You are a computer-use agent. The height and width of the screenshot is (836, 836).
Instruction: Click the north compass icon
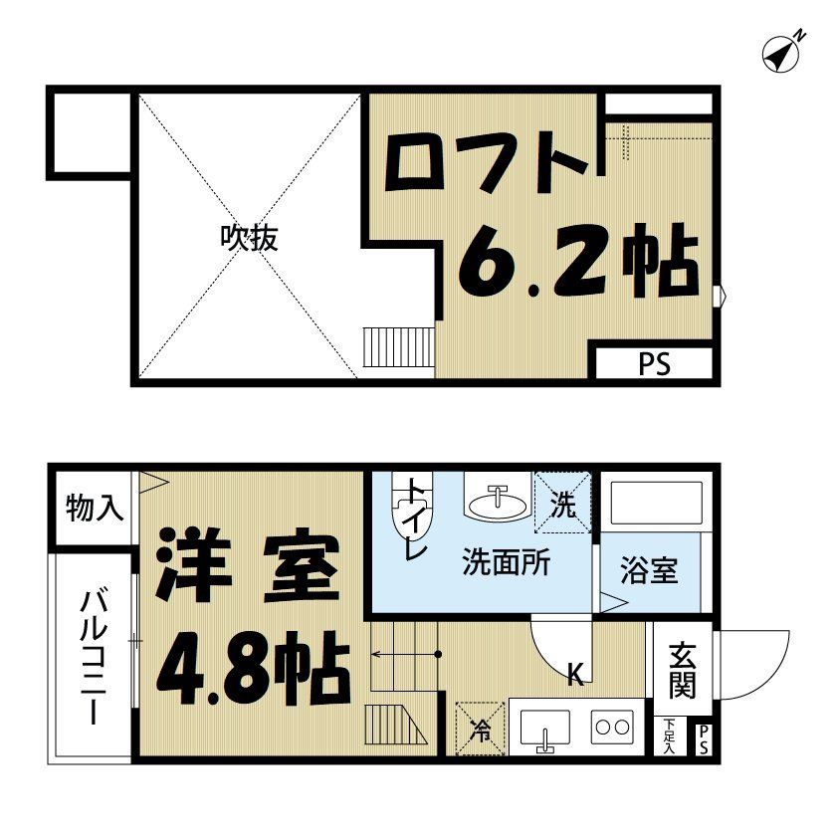(x=783, y=53)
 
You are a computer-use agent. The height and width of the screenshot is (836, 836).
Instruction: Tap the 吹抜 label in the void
(x=249, y=238)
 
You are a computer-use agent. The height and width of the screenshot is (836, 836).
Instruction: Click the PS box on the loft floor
(x=654, y=364)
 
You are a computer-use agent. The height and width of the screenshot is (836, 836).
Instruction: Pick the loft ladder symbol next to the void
(x=399, y=348)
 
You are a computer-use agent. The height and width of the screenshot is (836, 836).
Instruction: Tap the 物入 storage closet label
(x=96, y=510)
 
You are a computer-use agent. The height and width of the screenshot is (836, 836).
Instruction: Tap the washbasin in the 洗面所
(x=497, y=503)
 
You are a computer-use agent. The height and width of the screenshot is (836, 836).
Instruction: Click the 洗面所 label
(x=506, y=563)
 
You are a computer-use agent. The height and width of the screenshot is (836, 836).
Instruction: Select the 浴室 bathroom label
(x=649, y=572)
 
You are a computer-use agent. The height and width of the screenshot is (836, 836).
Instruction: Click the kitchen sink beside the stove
(x=543, y=730)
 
